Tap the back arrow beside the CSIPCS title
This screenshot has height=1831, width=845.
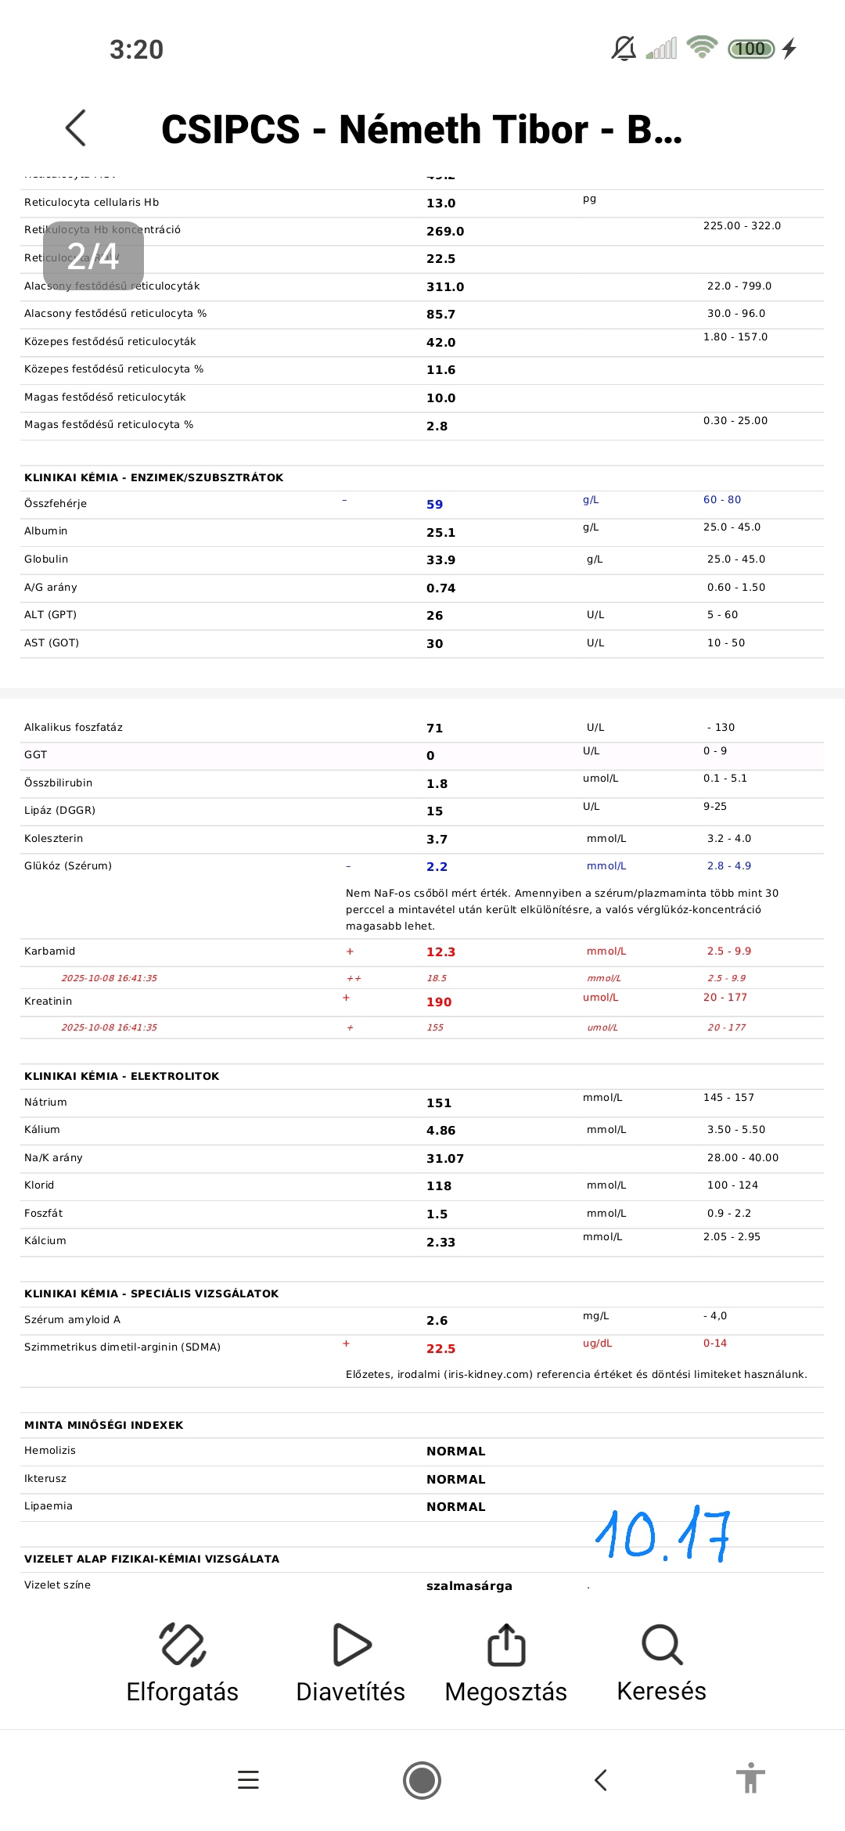(x=76, y=128)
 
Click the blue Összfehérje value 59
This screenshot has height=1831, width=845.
(x=434, y=505)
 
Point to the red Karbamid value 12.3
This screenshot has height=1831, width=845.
(x=440, y=952)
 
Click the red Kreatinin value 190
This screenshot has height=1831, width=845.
(x=439, y=1002)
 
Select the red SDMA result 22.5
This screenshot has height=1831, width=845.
(x=440, y=1349)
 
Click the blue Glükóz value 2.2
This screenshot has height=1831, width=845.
(x=437, y=867)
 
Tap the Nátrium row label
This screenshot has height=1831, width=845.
(x=45, y=1103)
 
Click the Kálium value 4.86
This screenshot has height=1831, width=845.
(x=440, y=1131)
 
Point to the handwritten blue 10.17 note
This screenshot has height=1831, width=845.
(x=663, y=1536)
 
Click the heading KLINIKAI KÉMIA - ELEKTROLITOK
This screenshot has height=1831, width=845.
(x=121, y=1077)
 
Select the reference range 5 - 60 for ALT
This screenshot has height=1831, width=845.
(x=722, y=615)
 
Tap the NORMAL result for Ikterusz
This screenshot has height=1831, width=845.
(x=455, y=1480)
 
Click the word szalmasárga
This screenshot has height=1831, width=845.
(x=469, y=1586)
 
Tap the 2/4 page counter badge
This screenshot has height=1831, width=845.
(x=93, y=256)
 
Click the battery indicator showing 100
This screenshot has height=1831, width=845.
(x=750, y=49)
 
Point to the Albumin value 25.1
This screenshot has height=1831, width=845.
(x=440, y=533)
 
